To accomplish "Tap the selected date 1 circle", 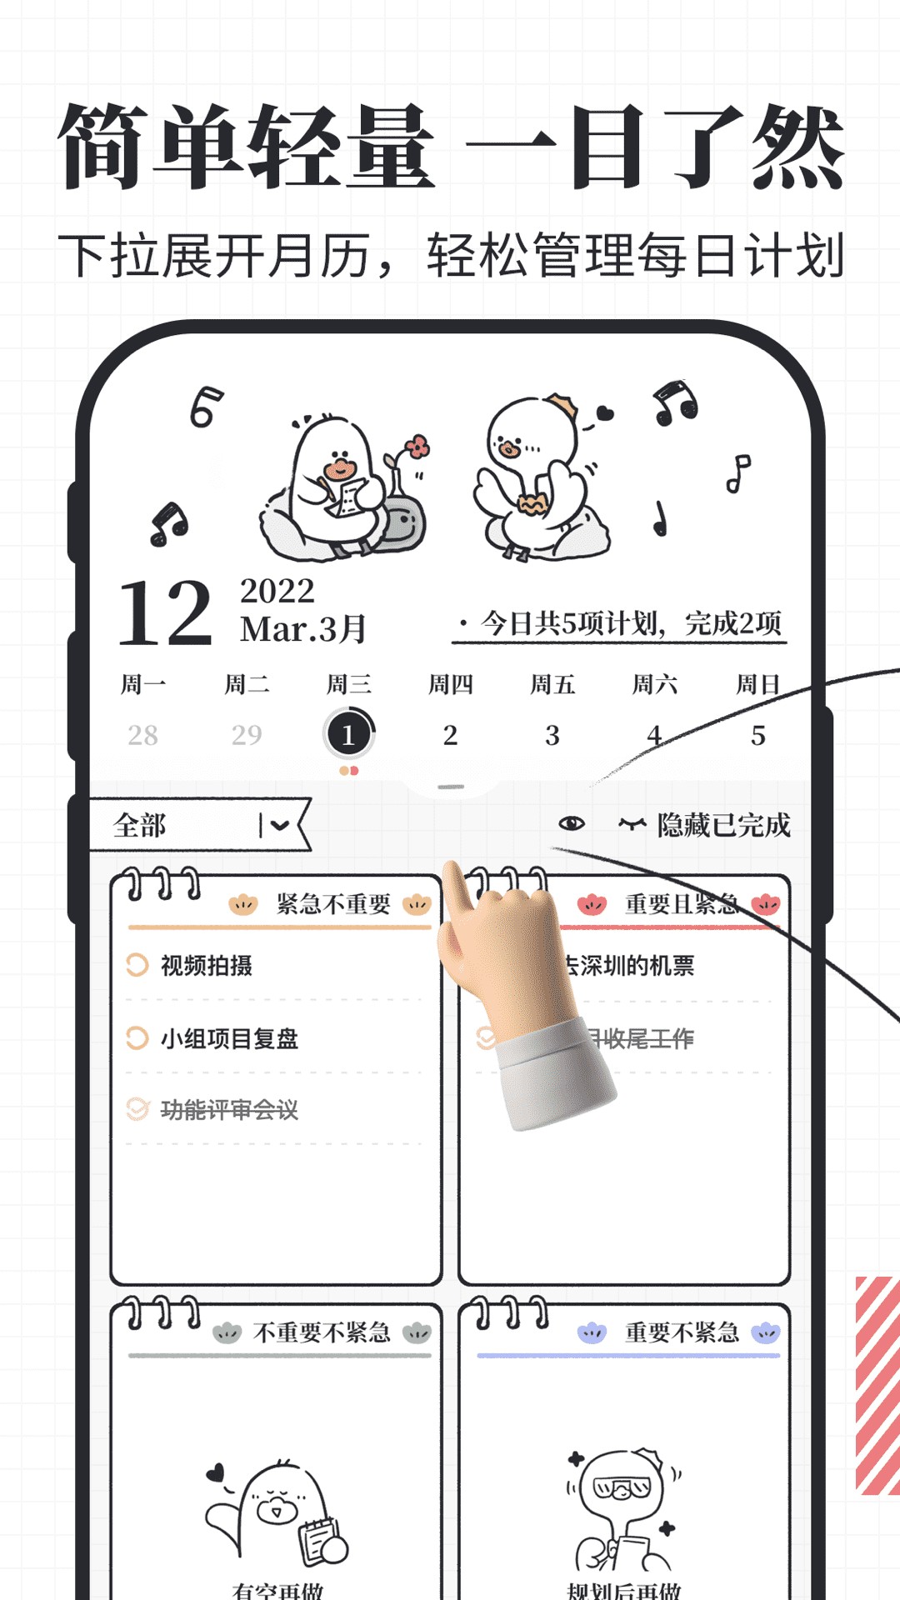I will pyautogui.click(x=348, y=734).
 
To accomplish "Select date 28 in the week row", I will pyautogui.click(x=142, y=735).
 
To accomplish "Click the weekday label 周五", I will pyautogui.click(x=552, y=685).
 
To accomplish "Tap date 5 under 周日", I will pyautogui.click(x=757, y=735).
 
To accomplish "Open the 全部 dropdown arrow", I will pyautogui.click(x=279, y=825).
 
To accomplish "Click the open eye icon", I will pyautogui.click(x=572, y=824).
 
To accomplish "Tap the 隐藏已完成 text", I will pyautogui.click(x=723, y=825).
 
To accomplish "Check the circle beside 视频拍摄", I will pyautogui.click(x=137, y=965).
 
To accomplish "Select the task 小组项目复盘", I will pyautogui.click(x=229, y=1038).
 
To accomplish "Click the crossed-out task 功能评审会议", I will pyautogui.click(x=229, y=1109).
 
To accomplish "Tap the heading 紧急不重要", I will pyautogui.click(x=333, y=904).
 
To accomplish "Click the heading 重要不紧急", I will pyautogui.click(x=682, y=1332).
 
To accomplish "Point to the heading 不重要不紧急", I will pyautogui.click(x=322, y=1332).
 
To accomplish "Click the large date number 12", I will pyautogui.click(x=165, y=614).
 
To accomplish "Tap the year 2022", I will pyautogui.click(x=277, y=592).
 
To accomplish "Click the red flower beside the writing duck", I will pyautogui.click(x=417, y=447).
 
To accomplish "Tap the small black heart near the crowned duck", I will pyautogui.click(x=605, y=412).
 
